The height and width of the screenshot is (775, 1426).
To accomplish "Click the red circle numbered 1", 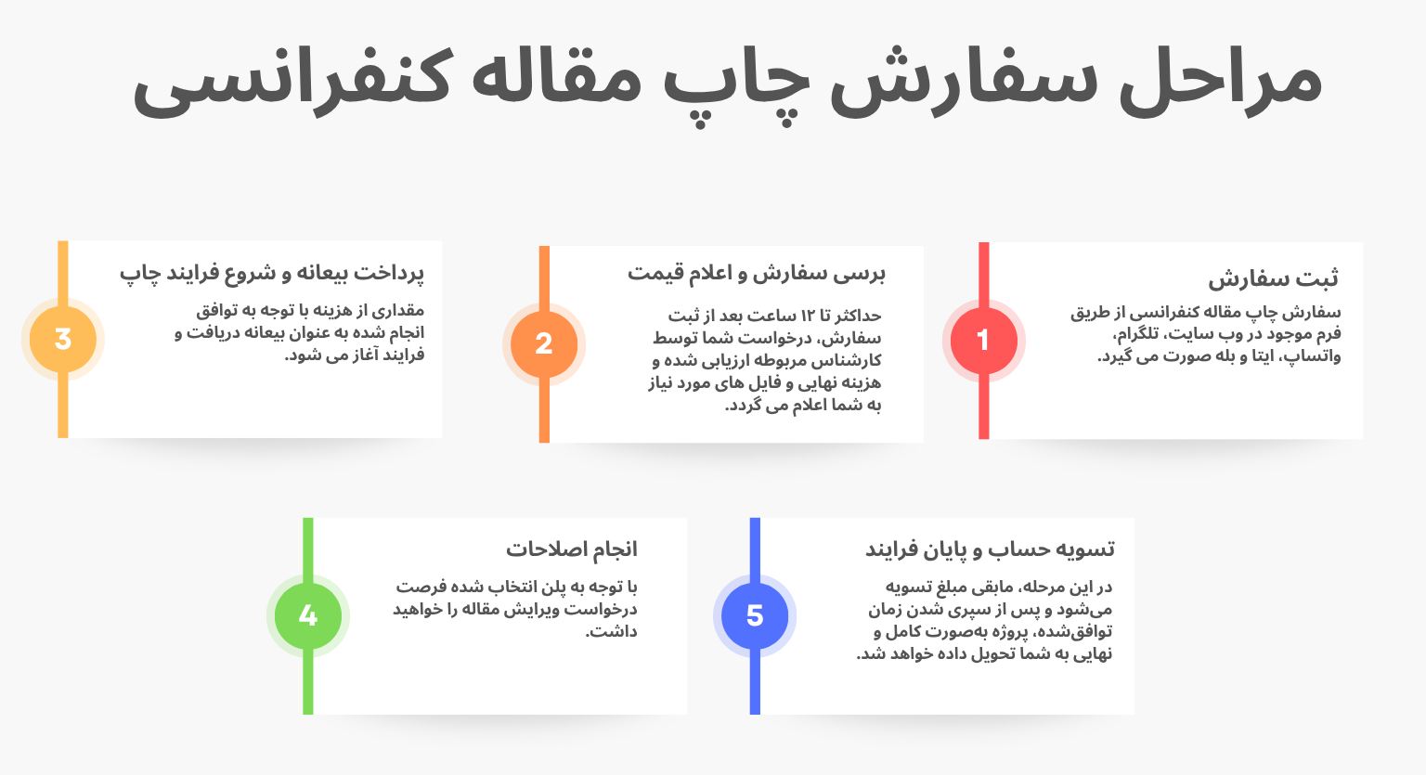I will [983, 341].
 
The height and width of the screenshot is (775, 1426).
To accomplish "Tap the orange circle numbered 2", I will [544, 344].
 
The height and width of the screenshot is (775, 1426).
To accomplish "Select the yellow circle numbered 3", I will [63, 340].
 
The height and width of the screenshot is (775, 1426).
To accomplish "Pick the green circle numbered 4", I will [308, 616].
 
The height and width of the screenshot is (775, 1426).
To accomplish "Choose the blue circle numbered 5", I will [755, 616].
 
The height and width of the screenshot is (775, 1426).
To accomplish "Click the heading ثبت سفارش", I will [1273, 278].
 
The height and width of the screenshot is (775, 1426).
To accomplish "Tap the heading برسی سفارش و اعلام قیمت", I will [756, 273].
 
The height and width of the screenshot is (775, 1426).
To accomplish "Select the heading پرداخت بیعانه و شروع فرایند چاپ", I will [271, 273].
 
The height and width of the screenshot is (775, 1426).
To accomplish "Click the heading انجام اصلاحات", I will [571, 549].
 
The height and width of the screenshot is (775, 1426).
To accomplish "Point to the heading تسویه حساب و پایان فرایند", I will [990, 549].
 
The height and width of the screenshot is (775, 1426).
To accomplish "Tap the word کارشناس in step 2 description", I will [846, 361].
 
